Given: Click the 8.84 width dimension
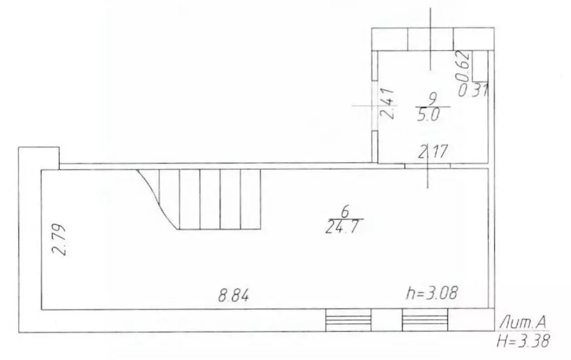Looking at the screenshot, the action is pos(234,295).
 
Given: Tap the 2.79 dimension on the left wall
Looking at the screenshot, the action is pos(59,240).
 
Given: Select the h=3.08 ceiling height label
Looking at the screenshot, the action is pos(432,293).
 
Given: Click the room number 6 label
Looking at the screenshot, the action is pos(345,211).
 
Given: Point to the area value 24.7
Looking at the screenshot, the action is pos(343,227).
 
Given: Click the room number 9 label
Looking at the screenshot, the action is pos(433,99).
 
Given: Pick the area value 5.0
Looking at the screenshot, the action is pos(428,115).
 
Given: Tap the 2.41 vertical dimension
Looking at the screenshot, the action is pos(387,103).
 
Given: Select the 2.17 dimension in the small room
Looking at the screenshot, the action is pos(432,151).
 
